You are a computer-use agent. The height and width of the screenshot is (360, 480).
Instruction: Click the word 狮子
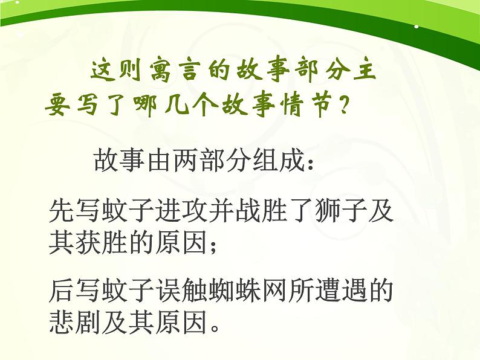click(341, 211)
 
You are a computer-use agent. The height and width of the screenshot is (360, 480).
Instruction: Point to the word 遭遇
click(342, 293)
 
